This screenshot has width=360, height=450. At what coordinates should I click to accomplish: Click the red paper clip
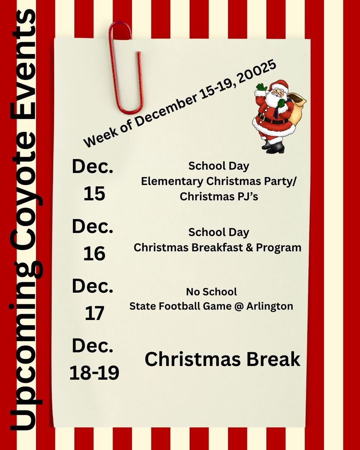coord(126,66)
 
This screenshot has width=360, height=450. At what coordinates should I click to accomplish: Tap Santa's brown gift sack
coord(298,110)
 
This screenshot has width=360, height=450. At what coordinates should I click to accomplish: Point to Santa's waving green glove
coord(262,87)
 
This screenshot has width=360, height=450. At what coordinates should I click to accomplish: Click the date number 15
coord(94,193)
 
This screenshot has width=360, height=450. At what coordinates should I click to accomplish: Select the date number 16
coord(94,254)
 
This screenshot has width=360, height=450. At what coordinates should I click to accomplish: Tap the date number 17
coord(94,313)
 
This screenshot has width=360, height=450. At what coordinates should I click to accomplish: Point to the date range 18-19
coord(94,373)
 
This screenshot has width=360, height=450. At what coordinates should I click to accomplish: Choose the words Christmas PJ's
coord(218,196)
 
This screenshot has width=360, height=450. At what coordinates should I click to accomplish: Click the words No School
coord(211,292)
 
